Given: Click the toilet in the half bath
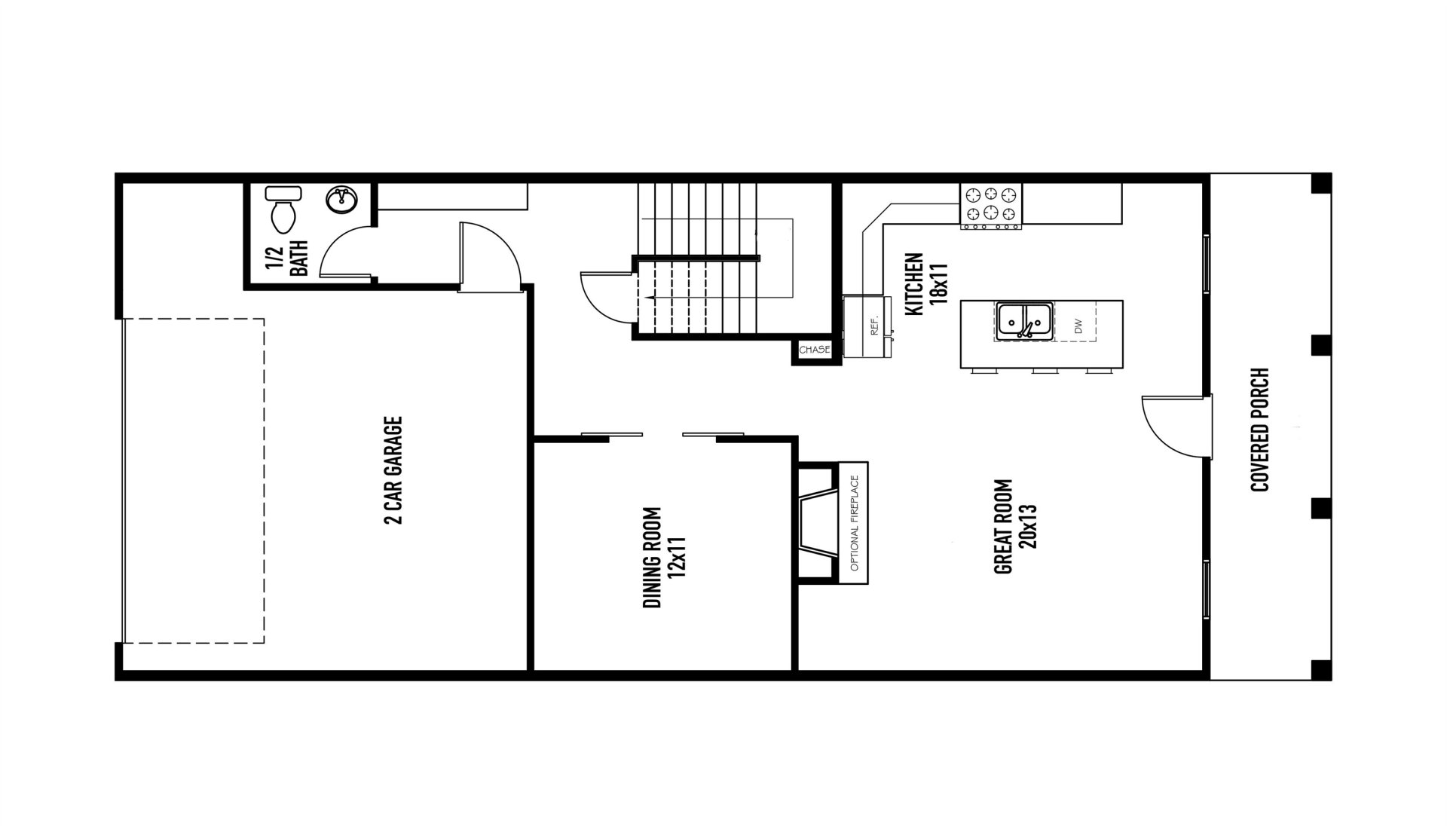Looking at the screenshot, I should click(x=283, y=209).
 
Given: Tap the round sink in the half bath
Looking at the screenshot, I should click(x=342, y=200).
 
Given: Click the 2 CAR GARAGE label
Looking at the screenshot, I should click(x=393, y=470).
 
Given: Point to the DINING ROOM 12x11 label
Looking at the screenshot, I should click(x=663, y=557).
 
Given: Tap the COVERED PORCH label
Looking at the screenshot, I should click(x=1259, y=430).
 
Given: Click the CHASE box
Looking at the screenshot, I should click(x=814, y=350).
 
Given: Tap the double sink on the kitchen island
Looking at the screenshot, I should click(x=1024, y=320).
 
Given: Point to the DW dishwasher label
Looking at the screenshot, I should click(x=1078, y=326).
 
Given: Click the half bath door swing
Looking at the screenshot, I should click(x=345, y=253).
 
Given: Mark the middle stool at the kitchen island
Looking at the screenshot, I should click(x=1045, y=371).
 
